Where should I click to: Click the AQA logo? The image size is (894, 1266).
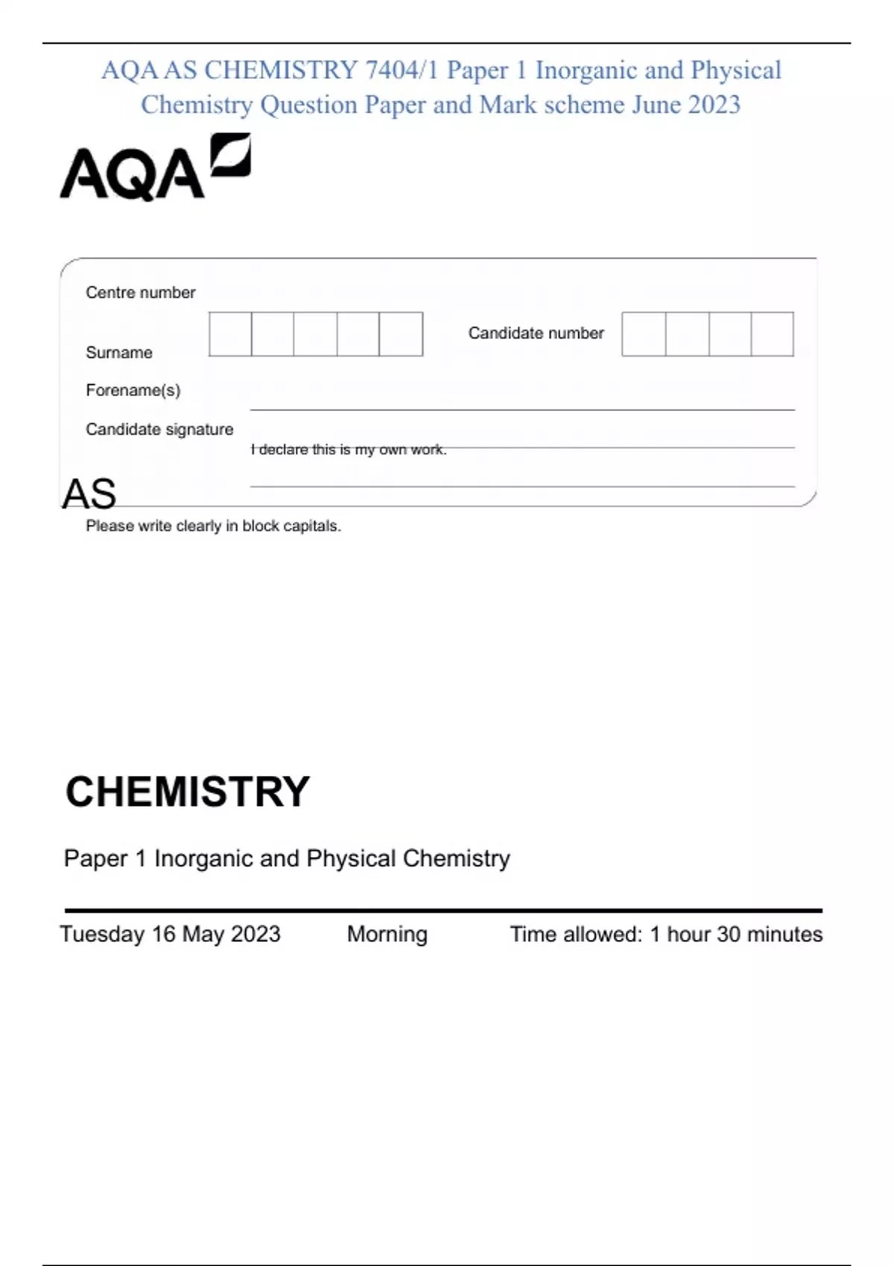[x=155, y=168]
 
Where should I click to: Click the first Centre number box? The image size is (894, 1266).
[x=230, y=334]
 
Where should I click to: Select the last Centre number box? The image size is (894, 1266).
[x=401, y=334]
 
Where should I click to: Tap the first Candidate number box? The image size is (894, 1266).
[x=644, y=334]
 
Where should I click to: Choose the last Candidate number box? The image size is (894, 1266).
[x=772, y=334]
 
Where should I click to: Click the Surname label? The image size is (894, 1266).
[x=119, y=352]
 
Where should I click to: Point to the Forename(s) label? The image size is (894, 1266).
[x=133, y=390]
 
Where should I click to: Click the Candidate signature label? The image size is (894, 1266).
[x=159, y=429]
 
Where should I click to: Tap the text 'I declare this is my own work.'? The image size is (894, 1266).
[x=349, y=450]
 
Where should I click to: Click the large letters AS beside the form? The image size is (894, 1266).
[x=89, y=494]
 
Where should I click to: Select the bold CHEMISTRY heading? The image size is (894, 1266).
[x=188, y=791]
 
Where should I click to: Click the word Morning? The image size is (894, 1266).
[x=387, y=934]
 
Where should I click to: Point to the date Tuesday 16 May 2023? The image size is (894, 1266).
[x=171, y=934]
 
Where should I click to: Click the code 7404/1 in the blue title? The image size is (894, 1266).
[x=402, y=70]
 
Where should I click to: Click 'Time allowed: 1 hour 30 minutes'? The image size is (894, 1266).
[x=666, y=934]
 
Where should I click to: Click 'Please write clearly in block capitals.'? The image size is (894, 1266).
[x=213, y=526]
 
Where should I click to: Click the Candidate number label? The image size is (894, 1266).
[x=536, y=333]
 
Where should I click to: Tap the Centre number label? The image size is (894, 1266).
[x=140, y=293]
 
